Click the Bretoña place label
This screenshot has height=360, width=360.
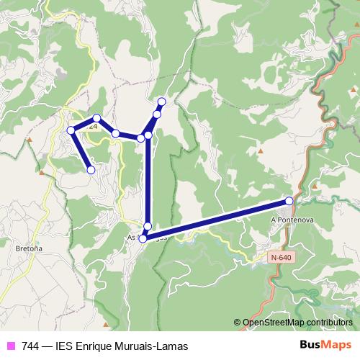pyautogui.click(x=28, y=248)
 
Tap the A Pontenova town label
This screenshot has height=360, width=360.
pyautogui.click(x=292, y=218)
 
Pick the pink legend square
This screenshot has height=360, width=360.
pyautogui.click(x=11, y=346)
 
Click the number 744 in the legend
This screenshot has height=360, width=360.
pyautogui.click(x=30, y=346)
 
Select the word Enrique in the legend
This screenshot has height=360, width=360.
pyautogui.click(x=101, y=346)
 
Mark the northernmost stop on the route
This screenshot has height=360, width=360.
pyautogui.click(x=162, y=102)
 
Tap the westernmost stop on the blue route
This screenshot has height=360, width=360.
pyautogui.click(x=71, y=130)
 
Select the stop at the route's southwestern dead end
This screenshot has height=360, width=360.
pyautogui.click(x=91, y=170)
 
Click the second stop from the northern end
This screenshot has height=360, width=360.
pyautogui.click(x=157, y=114)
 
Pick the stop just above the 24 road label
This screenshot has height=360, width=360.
pyautogui.click(x=96, y=117)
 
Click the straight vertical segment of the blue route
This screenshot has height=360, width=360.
pyautogui.click(x=148, y=180)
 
